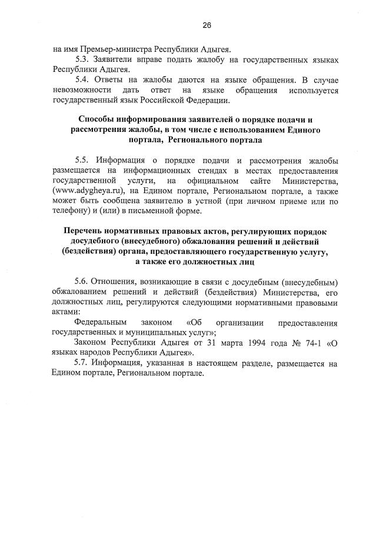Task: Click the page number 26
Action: coord(207,25)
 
